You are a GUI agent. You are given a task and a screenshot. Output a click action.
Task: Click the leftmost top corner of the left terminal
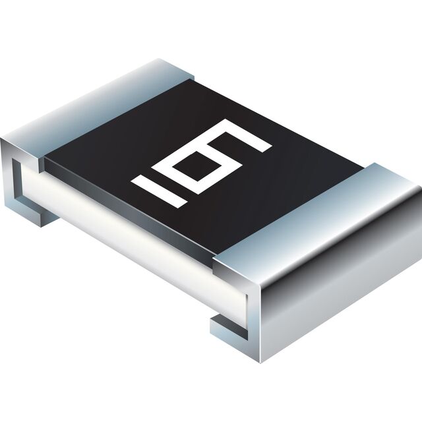[x=1, y=138]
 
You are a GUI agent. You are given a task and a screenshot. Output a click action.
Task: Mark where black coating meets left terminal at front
[x=44, y=161]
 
